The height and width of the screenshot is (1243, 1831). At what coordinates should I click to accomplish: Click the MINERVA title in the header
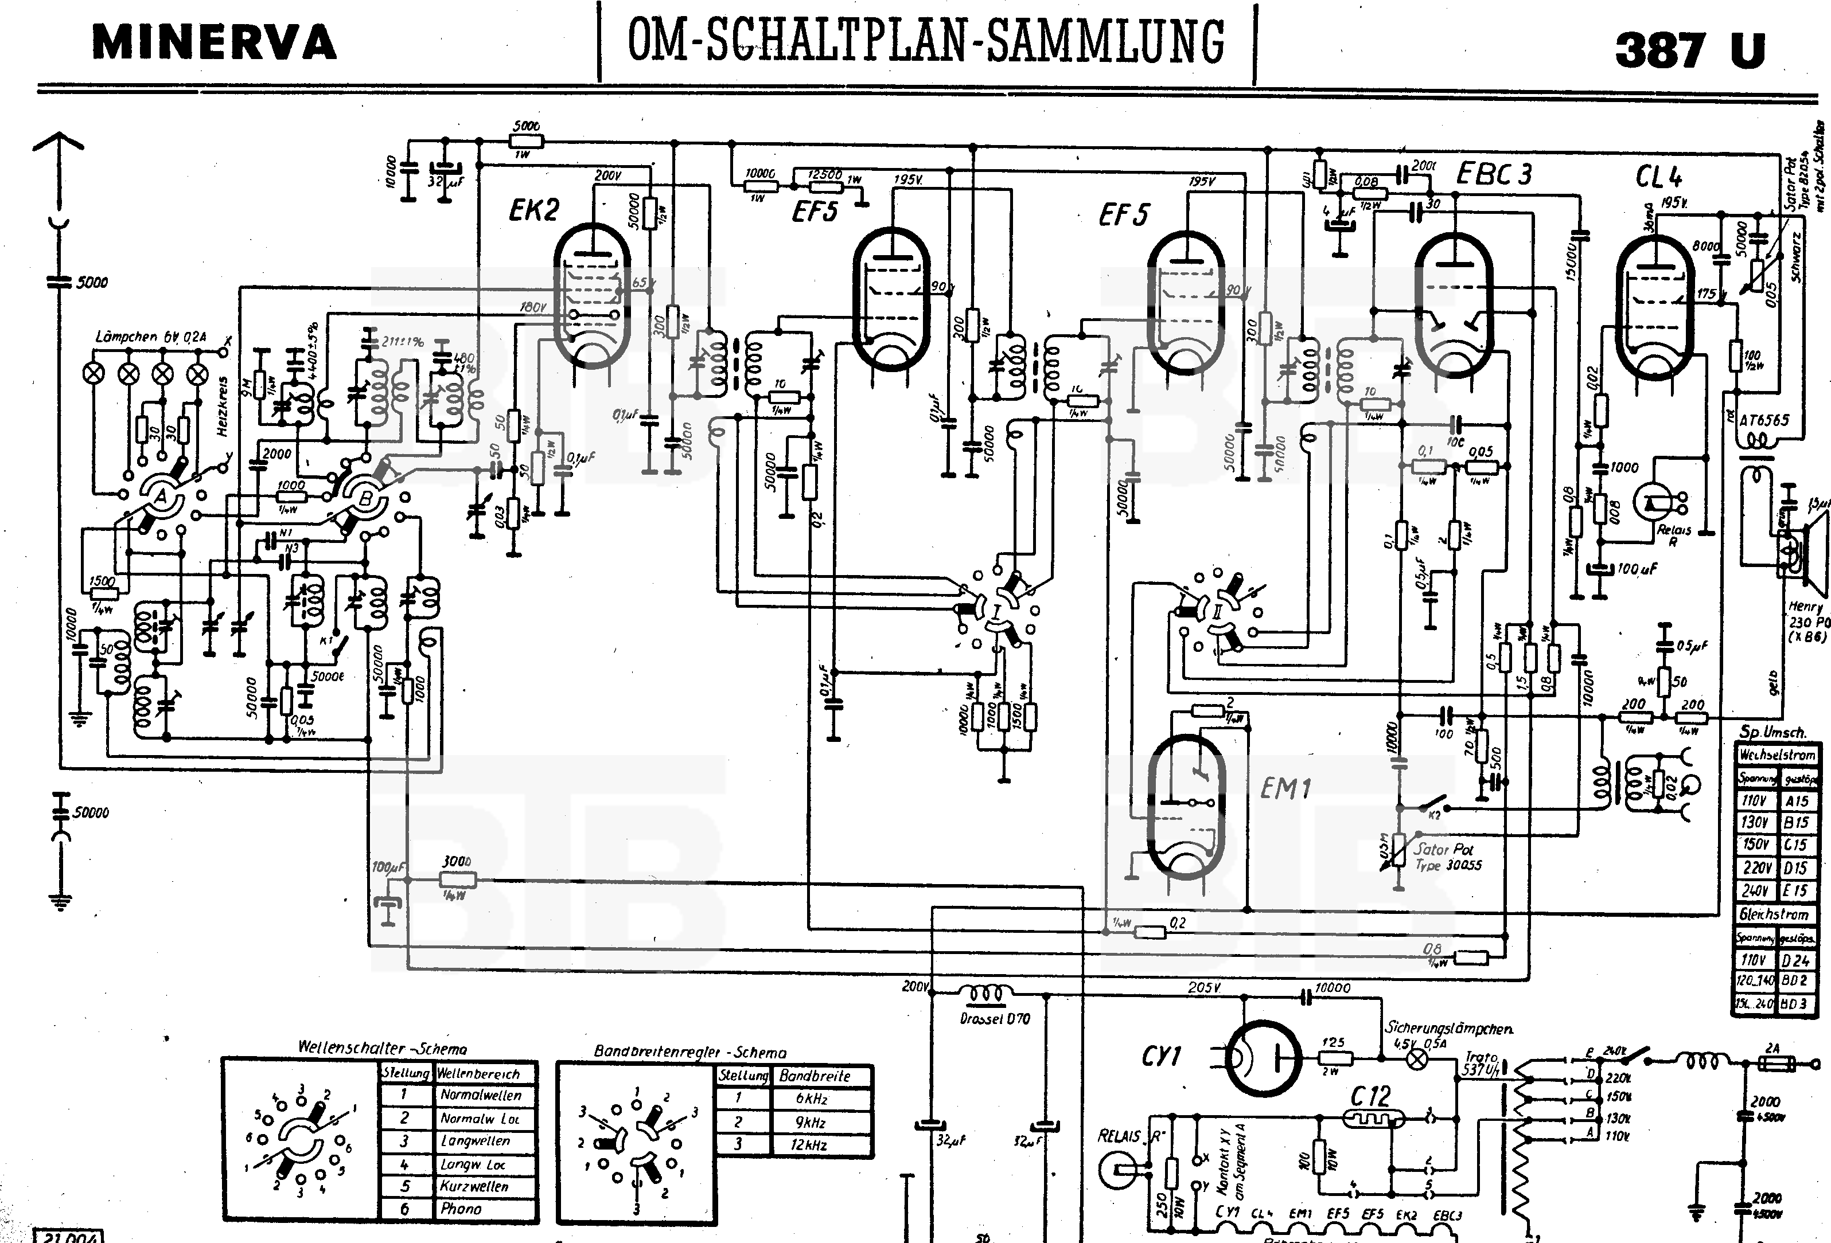(215, 44)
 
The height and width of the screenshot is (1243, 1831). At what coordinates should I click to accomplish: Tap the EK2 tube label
(533, 210)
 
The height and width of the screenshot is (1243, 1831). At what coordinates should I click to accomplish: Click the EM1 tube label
(1285, 788)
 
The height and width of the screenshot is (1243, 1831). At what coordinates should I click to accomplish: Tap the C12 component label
(1371, 1096)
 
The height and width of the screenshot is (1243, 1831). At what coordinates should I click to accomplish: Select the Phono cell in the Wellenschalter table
(461, 1209)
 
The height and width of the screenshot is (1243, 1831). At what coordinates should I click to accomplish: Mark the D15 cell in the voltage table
(1795, 868)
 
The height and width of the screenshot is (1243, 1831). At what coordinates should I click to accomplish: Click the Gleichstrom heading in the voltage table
(1774, 914)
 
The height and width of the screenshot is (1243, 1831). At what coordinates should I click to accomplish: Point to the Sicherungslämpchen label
(1449, 1029)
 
